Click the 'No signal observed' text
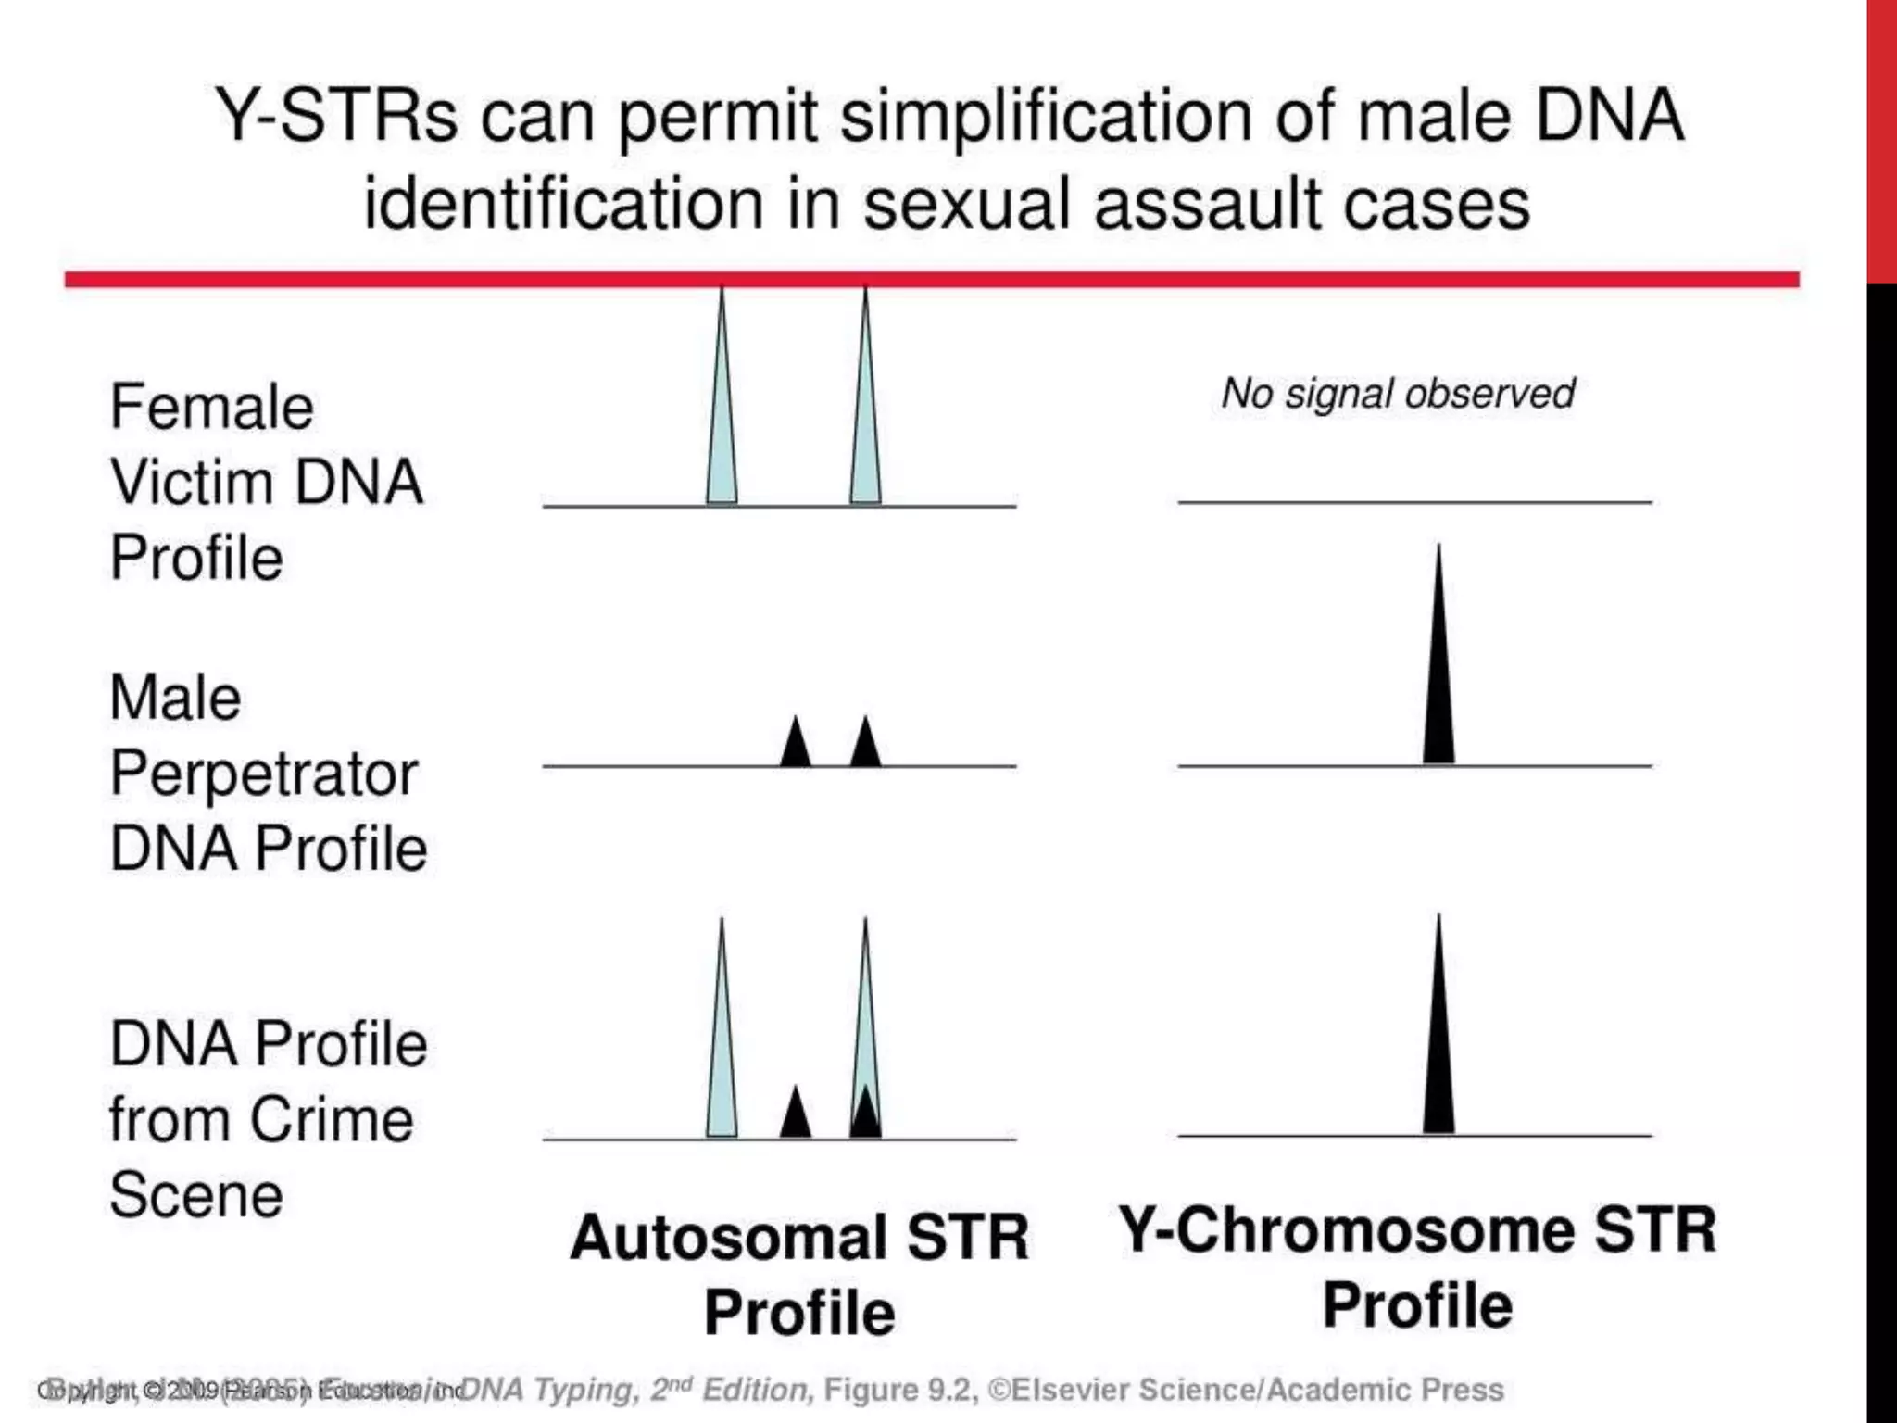pos(1397,394)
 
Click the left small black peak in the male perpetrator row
pos(796,747)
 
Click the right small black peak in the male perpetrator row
pos(865,747)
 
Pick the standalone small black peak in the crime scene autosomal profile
pos(796,1116)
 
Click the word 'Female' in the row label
pos(212,408)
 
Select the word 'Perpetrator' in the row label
pos(264,774)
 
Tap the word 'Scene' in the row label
pos(196,1195)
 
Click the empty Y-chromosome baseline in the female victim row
pos(1414,501)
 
